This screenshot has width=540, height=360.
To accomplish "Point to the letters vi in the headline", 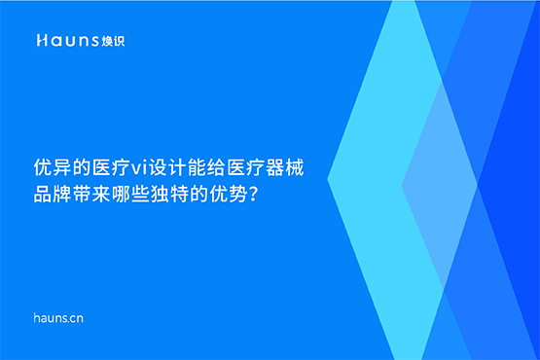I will [136, 168].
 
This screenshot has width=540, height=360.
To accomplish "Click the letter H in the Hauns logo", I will [42, 41].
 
